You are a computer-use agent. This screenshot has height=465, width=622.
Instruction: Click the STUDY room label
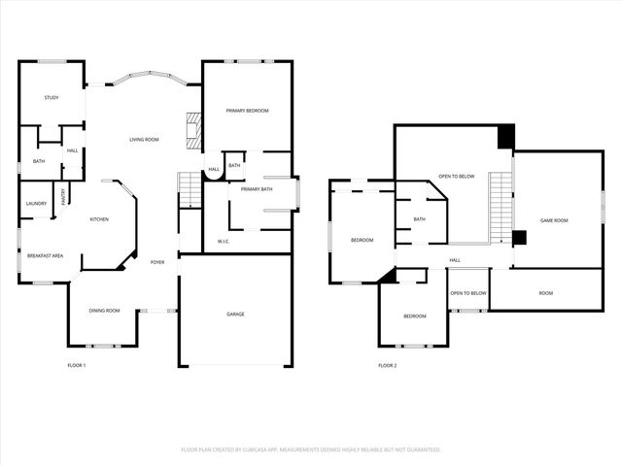(x=51, y=98)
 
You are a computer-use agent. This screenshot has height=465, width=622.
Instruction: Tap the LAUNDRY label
(x=36, y=203)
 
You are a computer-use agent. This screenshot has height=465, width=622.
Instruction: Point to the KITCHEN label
(x=99, y=219)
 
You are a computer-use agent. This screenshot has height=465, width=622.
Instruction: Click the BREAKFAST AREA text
(x=46, y=255)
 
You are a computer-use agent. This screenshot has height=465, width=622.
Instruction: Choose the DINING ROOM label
(x=104, y=310)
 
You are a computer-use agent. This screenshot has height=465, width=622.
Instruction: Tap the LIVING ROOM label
(x=144, y=140)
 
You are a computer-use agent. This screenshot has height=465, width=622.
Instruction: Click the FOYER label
(x=156, y=262)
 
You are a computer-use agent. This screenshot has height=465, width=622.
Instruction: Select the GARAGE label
(x=235, y=314)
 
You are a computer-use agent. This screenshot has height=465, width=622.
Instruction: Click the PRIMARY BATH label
(x=257, y=188)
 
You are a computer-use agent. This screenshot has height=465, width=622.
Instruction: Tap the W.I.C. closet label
(x=223, y=241)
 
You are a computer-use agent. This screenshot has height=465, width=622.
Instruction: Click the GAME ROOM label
(x=554, y=220)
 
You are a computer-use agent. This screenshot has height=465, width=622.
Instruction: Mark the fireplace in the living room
(x=193, y=127)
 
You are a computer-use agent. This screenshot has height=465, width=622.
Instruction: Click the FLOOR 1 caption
(x=76, y=365)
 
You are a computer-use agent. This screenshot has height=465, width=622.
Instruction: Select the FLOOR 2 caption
(x=387, y=365)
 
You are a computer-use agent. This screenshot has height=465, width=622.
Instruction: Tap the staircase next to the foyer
(x=189, y=188)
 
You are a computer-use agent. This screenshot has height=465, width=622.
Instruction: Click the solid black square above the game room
(x=505, y=137)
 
